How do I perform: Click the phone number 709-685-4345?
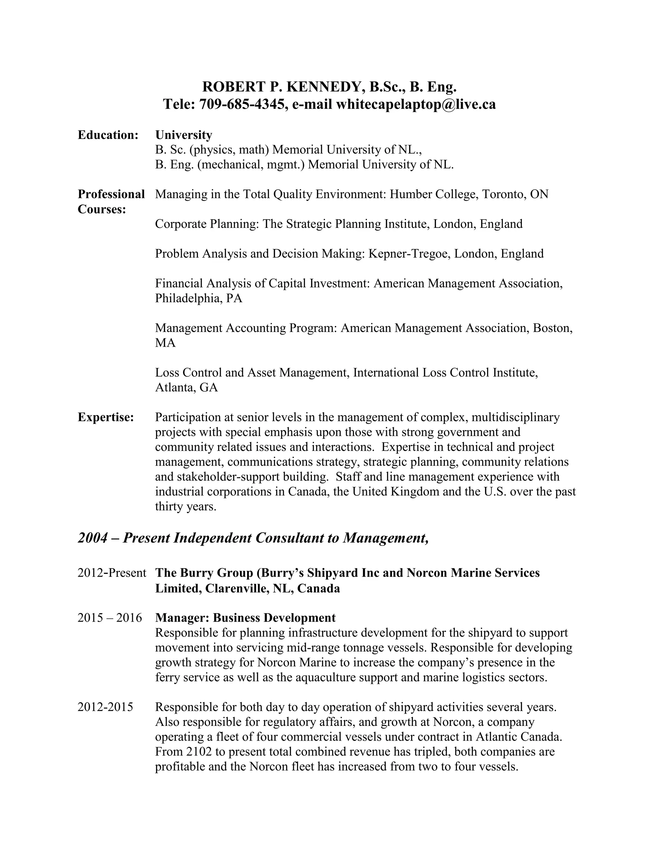[241, 104]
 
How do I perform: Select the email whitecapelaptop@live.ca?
[416, 104]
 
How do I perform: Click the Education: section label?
[108, 135]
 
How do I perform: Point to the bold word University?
[183, 135]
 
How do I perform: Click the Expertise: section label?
[106, 417]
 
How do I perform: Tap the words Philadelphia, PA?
[198, 298]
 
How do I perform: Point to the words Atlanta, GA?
[186, 388]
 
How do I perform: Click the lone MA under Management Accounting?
[165, 343]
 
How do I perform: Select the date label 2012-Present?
[112, 573]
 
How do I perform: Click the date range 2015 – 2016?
[110, 618]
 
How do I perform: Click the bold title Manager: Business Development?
[245, 618]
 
